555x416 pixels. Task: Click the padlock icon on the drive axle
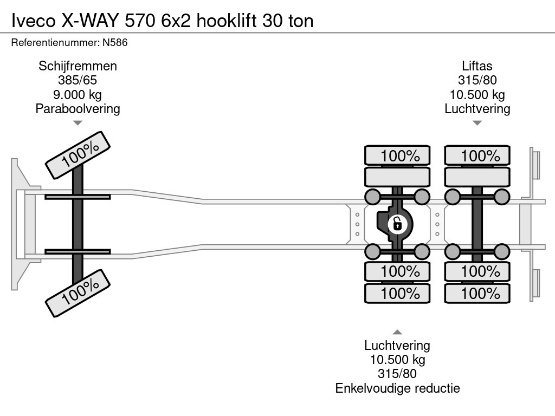397,223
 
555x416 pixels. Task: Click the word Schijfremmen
78,66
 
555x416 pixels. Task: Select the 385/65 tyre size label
78,80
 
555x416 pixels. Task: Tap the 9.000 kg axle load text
78,94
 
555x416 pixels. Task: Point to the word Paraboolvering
78,108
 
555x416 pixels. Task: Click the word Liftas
477,66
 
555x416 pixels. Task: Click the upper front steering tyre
78,154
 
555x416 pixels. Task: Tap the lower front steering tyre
78,293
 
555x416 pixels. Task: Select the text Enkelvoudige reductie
397,388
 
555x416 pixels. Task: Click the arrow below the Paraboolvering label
78,123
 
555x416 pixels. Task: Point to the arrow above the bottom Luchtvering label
397,332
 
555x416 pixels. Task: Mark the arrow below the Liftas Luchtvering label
477,123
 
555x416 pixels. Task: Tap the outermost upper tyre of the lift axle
477,155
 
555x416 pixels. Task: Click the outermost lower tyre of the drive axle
397,294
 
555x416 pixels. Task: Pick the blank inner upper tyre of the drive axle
397,177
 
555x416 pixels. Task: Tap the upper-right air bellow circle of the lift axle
502,196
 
